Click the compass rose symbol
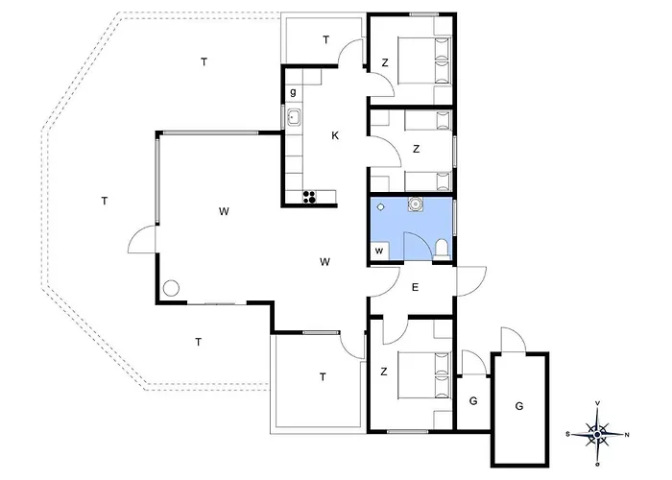pos(597,434)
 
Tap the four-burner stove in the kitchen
pos(309,197)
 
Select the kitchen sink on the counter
pos(294,117)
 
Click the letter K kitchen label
pos(335,136)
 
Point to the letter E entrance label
pos(415,288)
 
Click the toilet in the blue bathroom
pos(441,250)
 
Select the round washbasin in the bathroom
pos(415,204)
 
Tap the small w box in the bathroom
pos(379,252)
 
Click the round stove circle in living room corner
pos(171,288)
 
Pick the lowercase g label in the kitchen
pos(293,92)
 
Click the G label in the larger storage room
pos(519,406)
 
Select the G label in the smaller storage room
pos(473,401)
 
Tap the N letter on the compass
pos(627,435)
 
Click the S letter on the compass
pos(568,434)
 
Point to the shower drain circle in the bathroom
pos(380,207)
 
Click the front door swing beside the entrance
pos(471,281)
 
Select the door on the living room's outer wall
pos(142,239)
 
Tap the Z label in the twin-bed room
pos(416,149)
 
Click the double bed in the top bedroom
pos(424,60)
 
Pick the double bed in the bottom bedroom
pos(424,375)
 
